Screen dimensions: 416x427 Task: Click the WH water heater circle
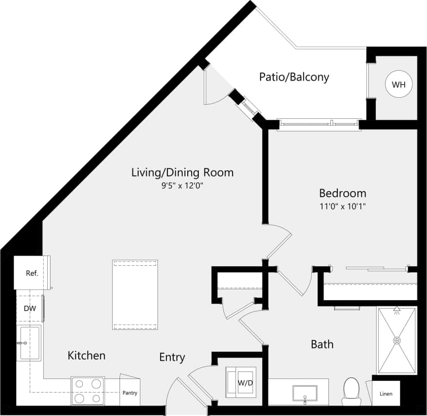[398, 85]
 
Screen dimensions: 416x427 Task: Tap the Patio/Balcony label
[294, 77]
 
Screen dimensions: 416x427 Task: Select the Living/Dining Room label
[182, 172]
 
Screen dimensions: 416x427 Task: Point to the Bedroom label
[342, 193]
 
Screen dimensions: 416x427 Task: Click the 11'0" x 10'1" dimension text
[342, 206]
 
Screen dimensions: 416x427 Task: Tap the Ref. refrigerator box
[32, 272]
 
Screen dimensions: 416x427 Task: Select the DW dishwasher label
[29, 308]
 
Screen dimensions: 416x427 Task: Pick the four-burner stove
[88, 391]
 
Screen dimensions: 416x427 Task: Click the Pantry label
[129, 393]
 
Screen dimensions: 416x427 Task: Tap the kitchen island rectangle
[135, 294]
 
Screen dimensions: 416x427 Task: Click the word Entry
[172, 357]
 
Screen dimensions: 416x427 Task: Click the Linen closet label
[386, 394]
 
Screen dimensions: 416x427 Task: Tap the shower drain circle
[397, 340]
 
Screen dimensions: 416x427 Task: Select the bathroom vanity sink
[304, 392]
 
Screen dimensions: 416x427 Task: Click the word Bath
[322, 344]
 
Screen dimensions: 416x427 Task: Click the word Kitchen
[86, 355]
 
